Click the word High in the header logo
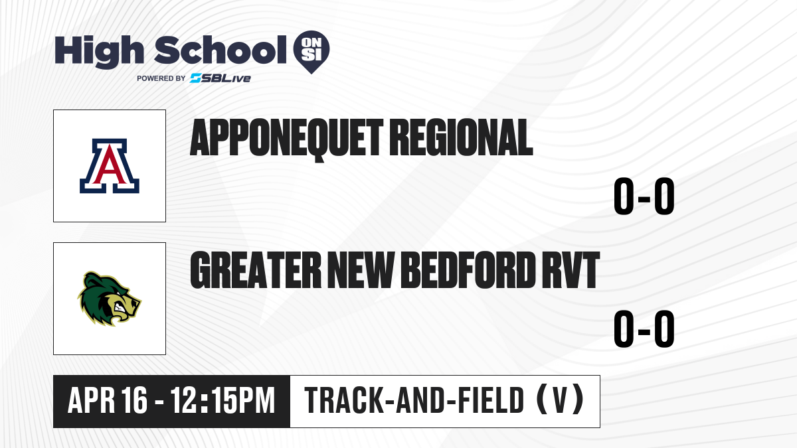coord(99,52)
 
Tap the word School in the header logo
coord(221,50)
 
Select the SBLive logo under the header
coord(221,78)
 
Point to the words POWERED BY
coord(161,78)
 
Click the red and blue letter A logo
coord(110,166)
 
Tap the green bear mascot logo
coord(110,299)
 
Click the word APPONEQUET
coord(287,139)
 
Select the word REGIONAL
coord(462,137)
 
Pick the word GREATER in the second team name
coord(256,270)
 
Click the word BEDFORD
coord(469,270)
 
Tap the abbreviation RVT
coord(571,270)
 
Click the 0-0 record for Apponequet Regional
coord(644,196)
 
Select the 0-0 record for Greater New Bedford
coord(644,329)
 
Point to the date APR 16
coord(107,400)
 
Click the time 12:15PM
coord(222,400)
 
